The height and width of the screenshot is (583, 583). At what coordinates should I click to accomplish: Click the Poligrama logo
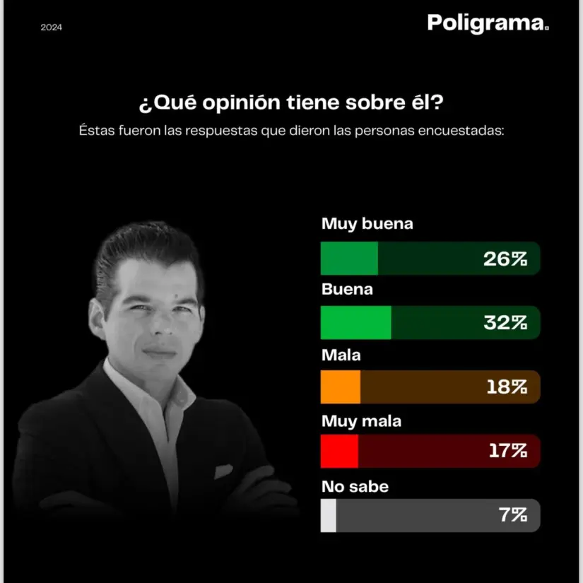[487, 23]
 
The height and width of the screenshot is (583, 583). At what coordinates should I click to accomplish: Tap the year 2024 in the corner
[51, 28]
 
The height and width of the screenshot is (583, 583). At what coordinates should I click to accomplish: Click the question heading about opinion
[291, 103]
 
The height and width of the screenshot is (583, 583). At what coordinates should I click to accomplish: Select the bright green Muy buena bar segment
[349, 258]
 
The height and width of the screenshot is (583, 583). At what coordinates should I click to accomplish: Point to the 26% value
[505, 259]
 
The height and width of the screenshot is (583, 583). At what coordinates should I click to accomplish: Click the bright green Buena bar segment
[355, 322]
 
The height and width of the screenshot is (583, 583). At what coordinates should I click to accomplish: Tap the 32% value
[505, 323]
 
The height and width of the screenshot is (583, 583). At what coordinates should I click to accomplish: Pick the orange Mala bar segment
[341, 387]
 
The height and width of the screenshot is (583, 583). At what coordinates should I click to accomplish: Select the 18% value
[507, 387]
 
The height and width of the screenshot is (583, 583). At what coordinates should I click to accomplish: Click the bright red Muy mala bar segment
[339, 451]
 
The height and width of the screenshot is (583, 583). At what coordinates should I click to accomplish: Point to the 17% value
[507, 451]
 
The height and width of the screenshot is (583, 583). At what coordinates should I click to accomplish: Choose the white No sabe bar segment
[329, 515]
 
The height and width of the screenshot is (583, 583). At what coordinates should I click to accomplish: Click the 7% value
[513, 515]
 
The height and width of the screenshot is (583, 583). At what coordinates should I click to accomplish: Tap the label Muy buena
[367, 224]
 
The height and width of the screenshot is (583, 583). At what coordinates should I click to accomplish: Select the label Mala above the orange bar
[341, 355]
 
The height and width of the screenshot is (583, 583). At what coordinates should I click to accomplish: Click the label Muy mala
[361, 421]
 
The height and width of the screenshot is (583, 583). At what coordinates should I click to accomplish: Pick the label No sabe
[355, 486]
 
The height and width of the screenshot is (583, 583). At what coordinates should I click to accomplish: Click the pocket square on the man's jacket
[223, 470]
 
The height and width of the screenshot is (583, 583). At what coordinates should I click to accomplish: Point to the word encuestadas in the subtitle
[462, 131]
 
